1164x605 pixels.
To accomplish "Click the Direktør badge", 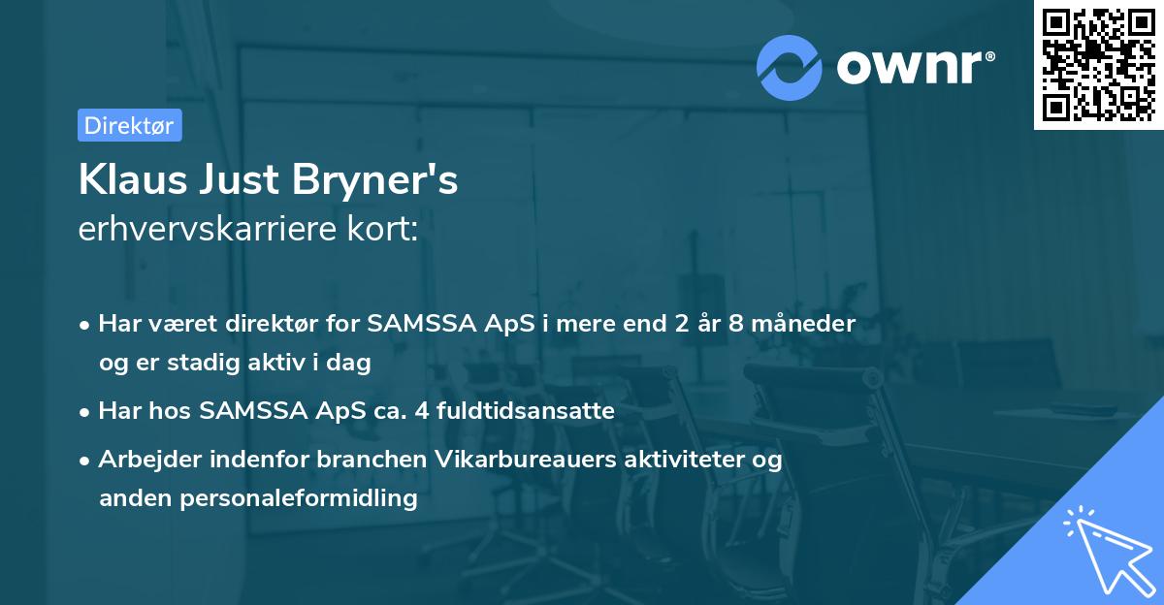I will pos(129,125).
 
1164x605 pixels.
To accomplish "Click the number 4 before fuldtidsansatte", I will pos(421,411).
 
